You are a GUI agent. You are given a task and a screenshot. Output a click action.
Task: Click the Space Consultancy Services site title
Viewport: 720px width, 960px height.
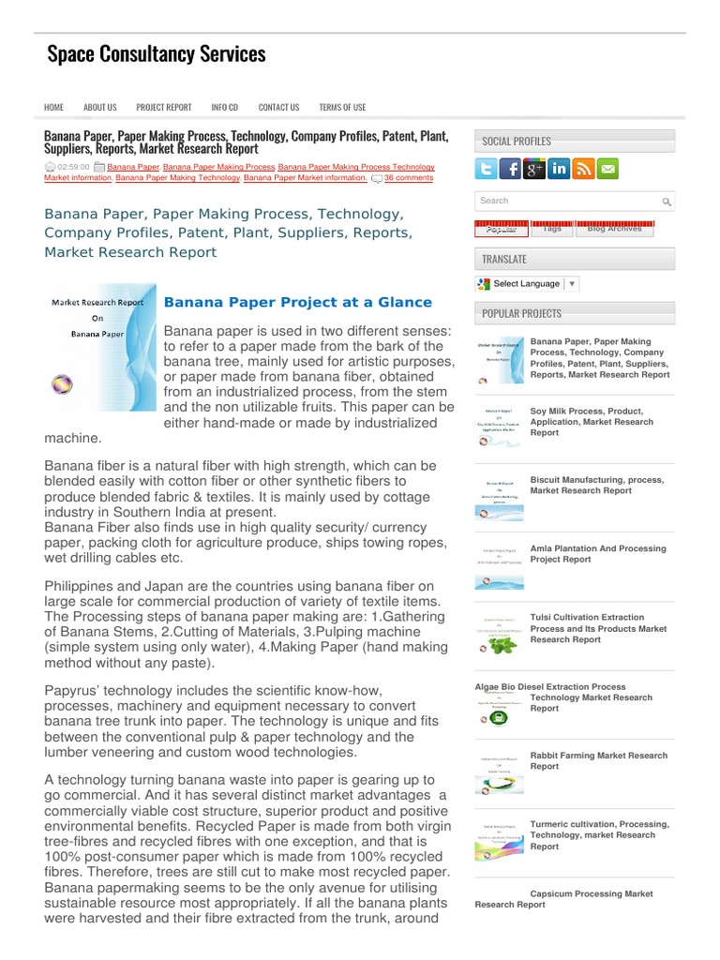coord(157,54)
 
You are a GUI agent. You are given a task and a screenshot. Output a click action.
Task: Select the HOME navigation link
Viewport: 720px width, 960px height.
coord(53,108)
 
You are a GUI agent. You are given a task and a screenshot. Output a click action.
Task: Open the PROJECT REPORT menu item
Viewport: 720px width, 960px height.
coord(163,108)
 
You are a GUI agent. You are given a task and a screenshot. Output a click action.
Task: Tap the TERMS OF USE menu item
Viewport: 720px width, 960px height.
coord(342,108)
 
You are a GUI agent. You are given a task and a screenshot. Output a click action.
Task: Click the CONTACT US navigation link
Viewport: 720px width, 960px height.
coord(278,108)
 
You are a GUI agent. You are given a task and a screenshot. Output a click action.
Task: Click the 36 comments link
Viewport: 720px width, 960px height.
coord(408,177)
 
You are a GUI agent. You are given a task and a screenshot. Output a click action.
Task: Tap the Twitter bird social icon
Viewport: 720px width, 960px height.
coord(486,169)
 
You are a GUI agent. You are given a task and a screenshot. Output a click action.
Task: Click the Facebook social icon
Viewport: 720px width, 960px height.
coord(511,169)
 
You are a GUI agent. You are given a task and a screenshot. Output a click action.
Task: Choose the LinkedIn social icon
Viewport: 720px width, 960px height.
coord(560,169)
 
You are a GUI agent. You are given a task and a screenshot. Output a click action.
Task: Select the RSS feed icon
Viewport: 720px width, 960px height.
coord(584,169)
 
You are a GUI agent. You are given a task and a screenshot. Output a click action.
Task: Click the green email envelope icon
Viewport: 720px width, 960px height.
coord(608,169)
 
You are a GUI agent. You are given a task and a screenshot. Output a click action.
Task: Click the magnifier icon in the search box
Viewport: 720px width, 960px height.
coord(666,202)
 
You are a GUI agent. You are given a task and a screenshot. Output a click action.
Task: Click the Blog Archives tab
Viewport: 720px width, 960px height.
coord(614,228)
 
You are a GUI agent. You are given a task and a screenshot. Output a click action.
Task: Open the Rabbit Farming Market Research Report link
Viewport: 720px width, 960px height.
coord(598,760)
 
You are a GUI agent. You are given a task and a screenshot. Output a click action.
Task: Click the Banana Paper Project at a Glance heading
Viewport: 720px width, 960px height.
coord(298,302)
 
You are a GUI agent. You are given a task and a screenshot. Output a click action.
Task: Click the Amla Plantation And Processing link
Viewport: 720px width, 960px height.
coord(597,553)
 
